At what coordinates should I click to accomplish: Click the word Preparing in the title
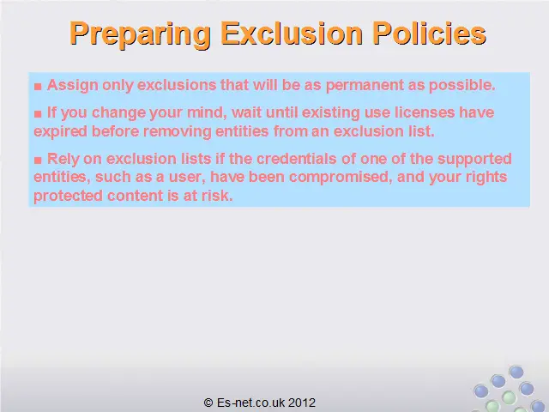tap(140, 34)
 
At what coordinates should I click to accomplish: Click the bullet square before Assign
tap(38, 86)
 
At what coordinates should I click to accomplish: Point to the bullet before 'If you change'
tap(38, 113)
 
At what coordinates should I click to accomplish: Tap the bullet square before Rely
tap(38, 161)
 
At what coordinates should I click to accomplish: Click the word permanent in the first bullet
tap(365, 86)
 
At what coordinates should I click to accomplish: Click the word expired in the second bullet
tap(60, 131)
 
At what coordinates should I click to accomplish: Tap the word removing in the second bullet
tap(178, 131)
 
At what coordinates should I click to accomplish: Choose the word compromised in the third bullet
tap(339, 178)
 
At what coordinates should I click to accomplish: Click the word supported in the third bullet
tap(474, 160)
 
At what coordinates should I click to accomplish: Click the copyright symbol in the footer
tap(208, 403)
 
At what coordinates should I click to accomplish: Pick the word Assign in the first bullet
tap(73, 86)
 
